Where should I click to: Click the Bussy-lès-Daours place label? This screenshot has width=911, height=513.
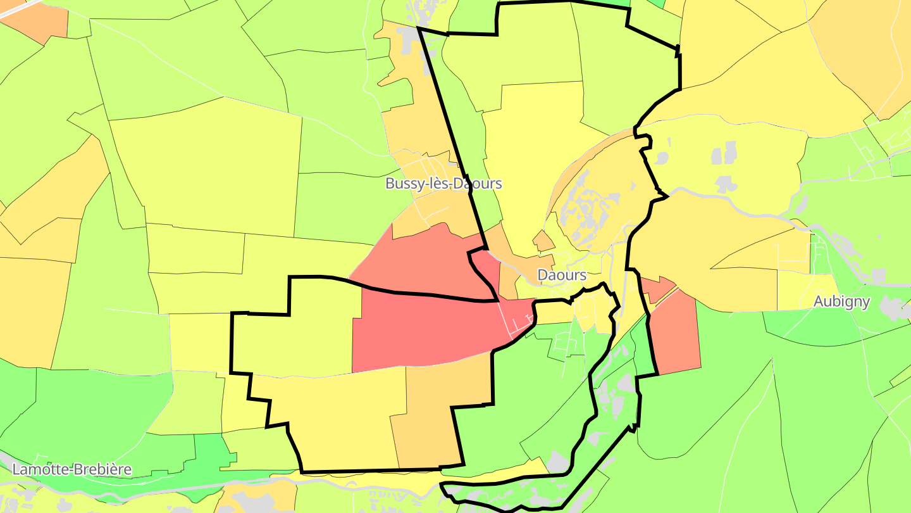(x=443, y=184)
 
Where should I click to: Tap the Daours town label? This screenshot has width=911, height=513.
(x=562, y=275)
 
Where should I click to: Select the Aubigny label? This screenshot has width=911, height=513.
(x=842, y=301)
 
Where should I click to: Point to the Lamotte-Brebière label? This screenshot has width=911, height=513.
(x=72, y=469)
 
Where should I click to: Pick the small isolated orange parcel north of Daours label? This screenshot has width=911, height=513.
(x=543, y=241)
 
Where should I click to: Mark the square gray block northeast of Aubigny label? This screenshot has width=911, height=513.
(x=878, y=275)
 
